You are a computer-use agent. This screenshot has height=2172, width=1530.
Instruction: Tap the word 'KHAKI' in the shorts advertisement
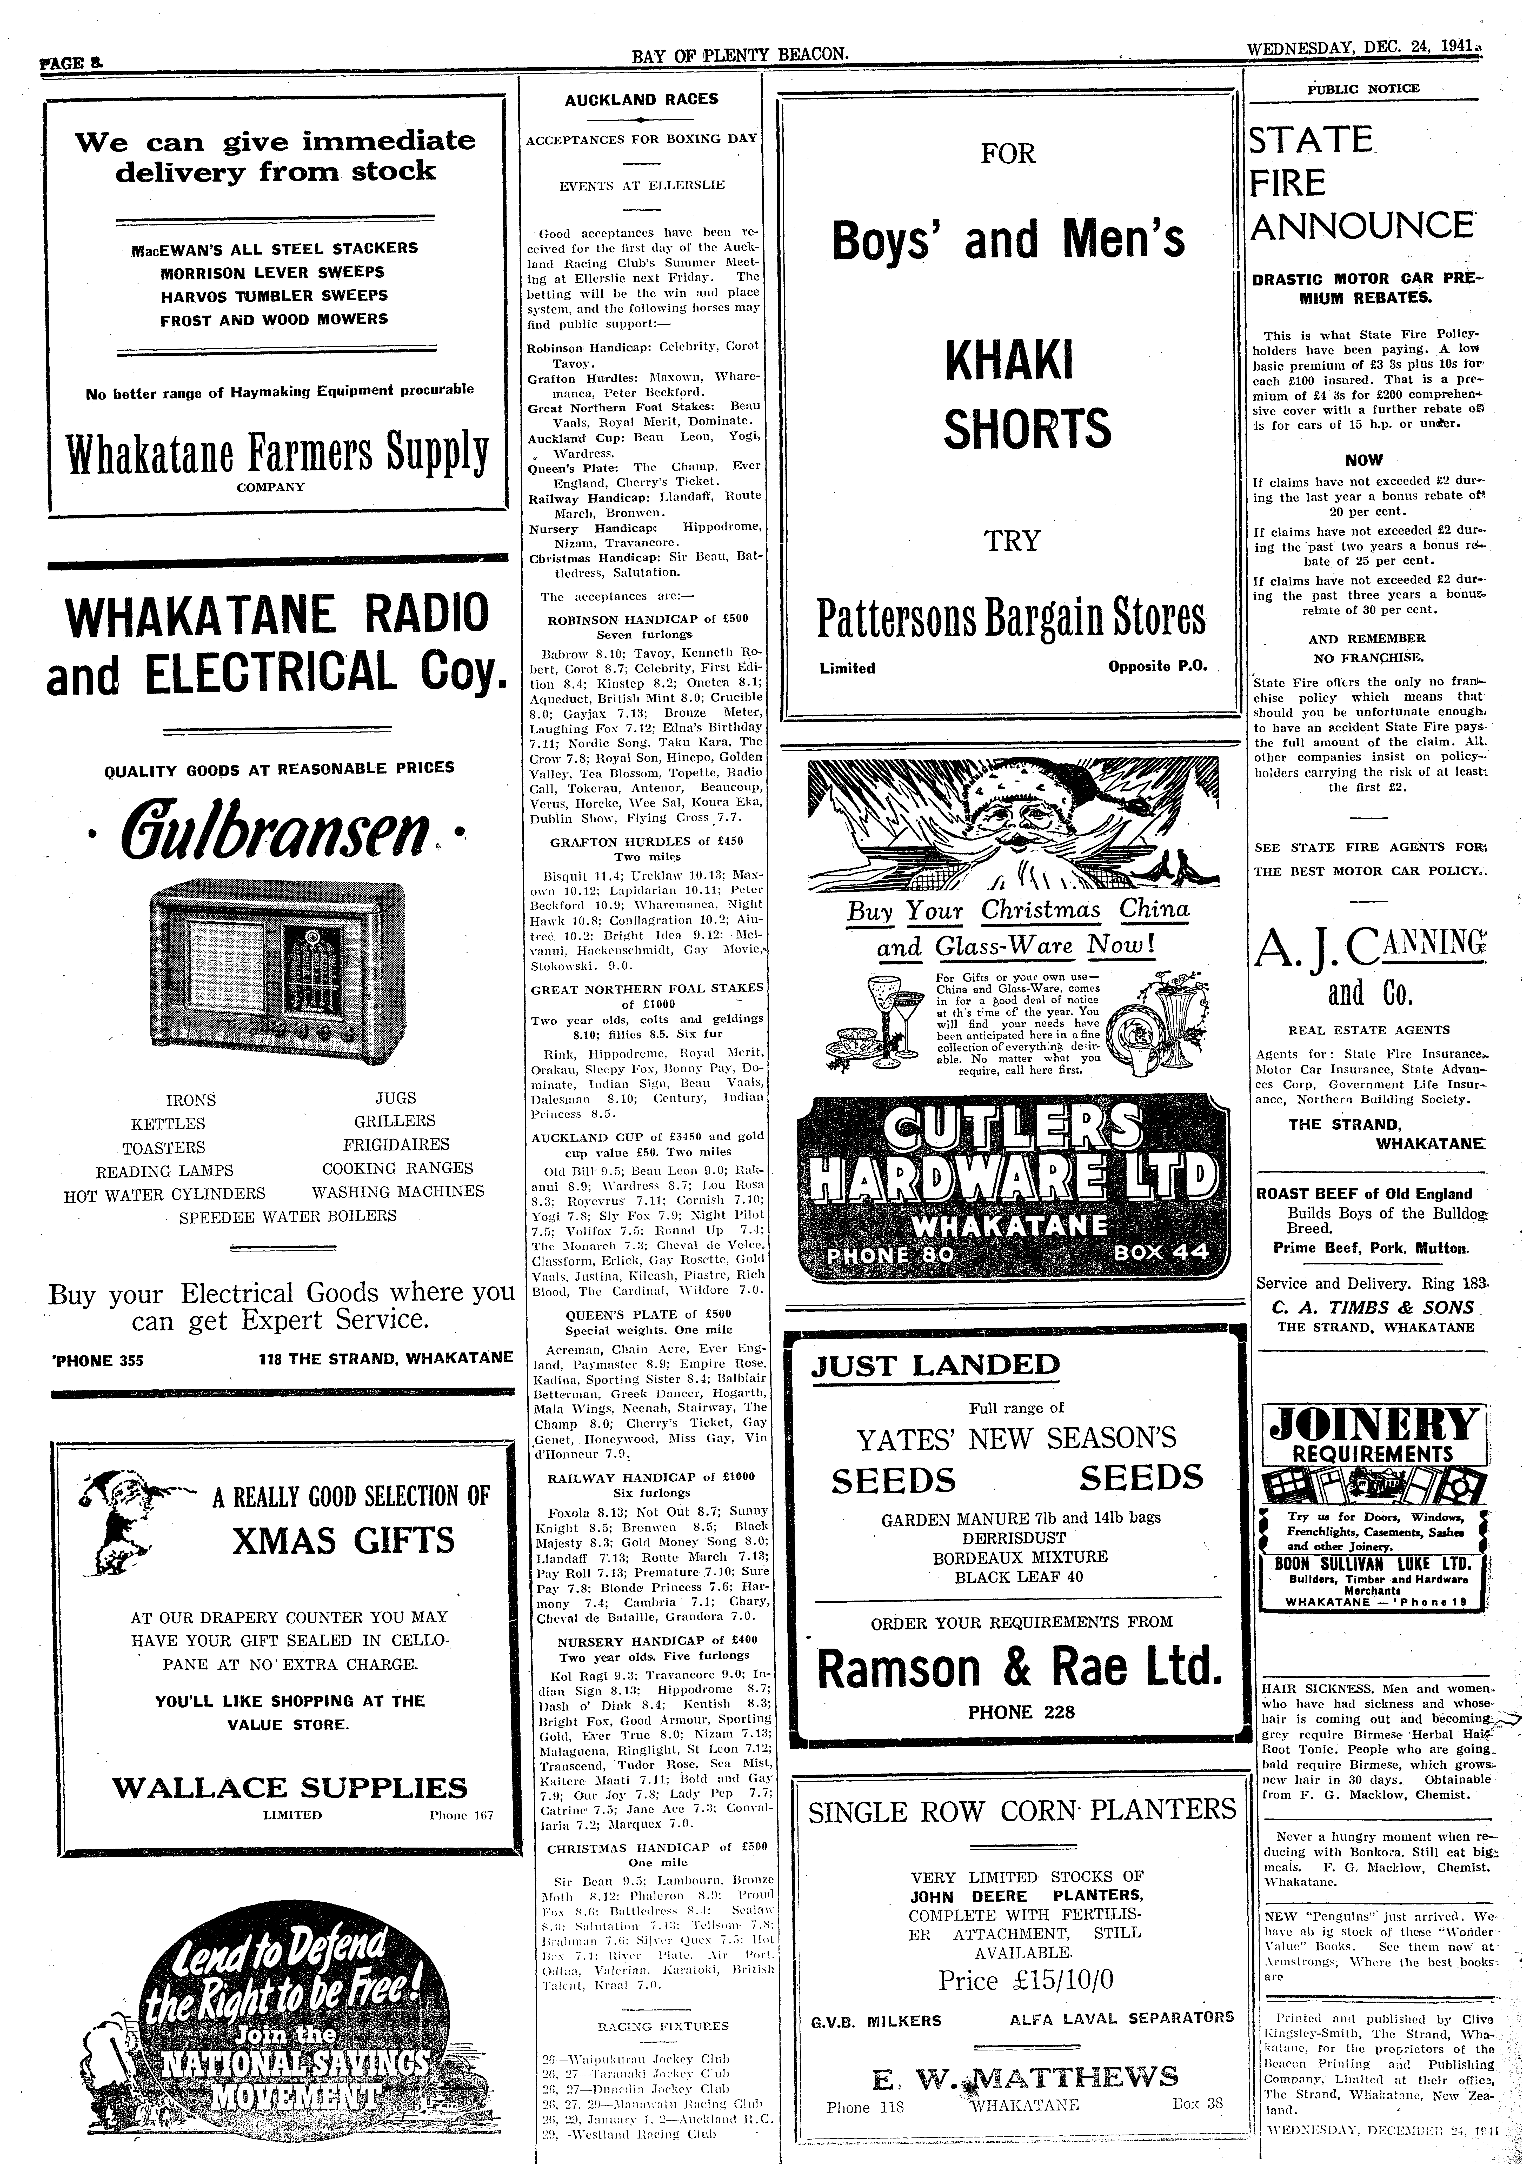click(x=1009, y=361)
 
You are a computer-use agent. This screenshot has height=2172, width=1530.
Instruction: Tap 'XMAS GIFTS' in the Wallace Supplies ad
click(x=344, y=1540)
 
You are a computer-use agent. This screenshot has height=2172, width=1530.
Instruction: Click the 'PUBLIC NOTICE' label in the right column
click(x=1363, y=89)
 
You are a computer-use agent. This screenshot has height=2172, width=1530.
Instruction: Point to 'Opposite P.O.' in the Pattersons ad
click(x=1158, y=666)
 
